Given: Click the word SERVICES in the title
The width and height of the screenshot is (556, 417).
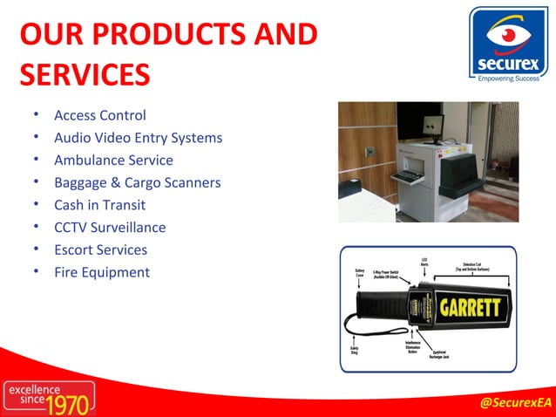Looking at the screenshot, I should click(x=85, y=74).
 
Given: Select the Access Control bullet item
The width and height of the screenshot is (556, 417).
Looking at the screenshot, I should click(x=100, y=115).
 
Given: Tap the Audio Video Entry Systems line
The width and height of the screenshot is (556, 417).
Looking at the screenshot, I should click(x=138, y=138).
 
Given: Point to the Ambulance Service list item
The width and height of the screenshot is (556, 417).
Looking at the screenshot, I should click(x=113, y=161).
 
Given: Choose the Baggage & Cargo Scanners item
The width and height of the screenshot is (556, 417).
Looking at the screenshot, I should click(x=137, y=183).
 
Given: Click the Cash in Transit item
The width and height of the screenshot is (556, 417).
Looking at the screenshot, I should click(x=99, y=205).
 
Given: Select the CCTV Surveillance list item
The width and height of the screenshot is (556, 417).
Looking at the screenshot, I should click(x=110, y=228).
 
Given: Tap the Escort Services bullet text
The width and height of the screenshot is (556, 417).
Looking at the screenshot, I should click(x=100, y=250).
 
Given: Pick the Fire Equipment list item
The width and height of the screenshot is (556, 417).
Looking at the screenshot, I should click(x=102, y=272).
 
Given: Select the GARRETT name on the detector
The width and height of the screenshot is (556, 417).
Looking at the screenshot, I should click(x=470, y=308).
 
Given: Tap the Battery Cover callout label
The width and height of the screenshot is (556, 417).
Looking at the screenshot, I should click(x=359, y=272).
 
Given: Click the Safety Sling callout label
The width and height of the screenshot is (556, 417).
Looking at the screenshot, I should click(x=355, y=350).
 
